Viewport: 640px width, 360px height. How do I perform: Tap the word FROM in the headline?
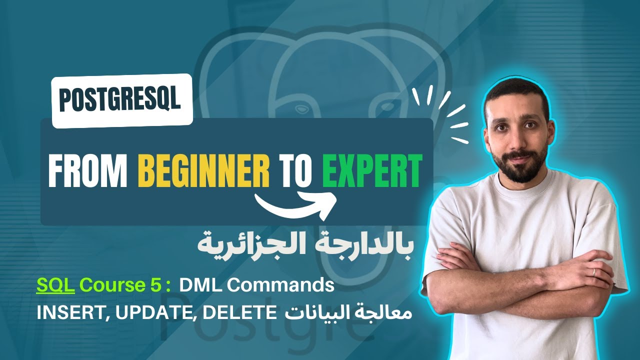87,171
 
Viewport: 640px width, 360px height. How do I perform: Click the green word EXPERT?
371,171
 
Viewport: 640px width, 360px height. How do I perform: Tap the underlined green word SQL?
55,285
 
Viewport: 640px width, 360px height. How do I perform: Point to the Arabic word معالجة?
390,314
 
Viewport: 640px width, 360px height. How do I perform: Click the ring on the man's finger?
593,271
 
